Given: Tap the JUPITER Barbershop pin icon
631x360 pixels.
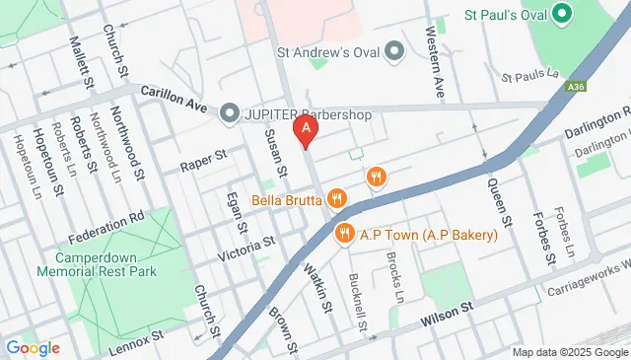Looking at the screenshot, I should point(229,113).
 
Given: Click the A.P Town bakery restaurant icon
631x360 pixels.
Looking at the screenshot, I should point(344,234).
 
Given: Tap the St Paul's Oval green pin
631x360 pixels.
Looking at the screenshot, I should point(563,15).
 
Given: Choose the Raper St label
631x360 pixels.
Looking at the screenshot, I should point(203,161).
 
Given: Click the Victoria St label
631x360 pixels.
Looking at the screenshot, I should point(246,243).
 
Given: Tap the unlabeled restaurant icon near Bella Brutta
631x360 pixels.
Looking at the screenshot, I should point(375,178).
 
